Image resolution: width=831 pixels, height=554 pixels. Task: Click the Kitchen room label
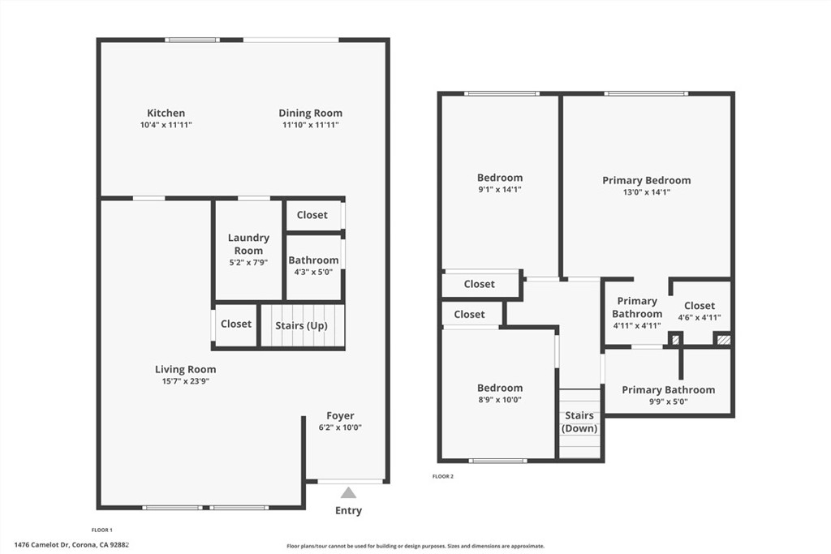coord(166,113)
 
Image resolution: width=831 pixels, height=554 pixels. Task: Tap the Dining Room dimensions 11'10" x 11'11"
coord(311,125)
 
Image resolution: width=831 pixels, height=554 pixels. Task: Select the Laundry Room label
coord(248,244)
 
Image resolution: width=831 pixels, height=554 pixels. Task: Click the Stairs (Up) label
coord(302,326)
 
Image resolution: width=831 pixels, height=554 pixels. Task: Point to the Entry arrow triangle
coord(348,493)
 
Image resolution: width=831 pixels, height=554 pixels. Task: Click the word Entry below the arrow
coord(348,510)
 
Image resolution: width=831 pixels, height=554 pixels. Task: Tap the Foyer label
coord(340,416)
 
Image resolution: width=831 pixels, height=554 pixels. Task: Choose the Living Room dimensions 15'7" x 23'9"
coord(186,381)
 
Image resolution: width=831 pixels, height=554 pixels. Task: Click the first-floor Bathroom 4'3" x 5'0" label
coord(313,266)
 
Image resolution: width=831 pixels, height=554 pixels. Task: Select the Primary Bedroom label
coord(647,180)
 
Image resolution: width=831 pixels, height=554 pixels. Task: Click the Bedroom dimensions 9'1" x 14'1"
coord(500,190)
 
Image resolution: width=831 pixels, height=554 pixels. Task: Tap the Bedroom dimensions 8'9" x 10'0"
coord(500,400)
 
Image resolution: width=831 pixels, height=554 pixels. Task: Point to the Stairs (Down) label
coord(579,422)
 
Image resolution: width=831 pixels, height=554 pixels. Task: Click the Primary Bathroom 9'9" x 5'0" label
coord(669,395)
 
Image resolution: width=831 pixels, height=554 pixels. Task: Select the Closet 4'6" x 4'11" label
coord(700,311)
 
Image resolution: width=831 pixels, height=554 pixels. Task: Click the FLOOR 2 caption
coord(443,477)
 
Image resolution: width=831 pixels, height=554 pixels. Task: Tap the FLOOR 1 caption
coord(102,530)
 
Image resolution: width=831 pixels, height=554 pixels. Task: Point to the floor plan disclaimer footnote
coord(415,546)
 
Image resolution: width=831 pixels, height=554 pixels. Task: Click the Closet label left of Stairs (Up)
coord(236,324)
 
